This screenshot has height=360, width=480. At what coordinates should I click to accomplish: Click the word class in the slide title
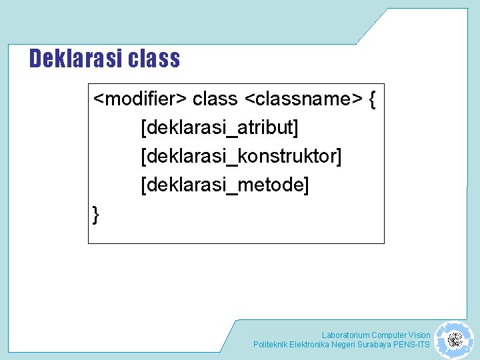154,59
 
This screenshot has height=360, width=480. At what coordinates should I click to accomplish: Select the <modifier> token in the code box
139,99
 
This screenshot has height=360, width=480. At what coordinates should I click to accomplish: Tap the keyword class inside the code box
215,99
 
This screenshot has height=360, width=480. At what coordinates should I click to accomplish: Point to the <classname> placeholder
303,99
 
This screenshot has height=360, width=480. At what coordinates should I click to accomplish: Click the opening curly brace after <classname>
372,100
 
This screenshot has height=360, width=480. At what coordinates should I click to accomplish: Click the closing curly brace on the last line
96,214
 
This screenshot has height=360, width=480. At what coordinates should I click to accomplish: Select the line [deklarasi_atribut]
219,127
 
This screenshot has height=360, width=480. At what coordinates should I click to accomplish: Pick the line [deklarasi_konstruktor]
241,156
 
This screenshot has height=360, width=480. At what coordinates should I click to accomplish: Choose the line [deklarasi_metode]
225,185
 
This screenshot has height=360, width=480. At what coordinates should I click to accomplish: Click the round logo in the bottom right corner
455,340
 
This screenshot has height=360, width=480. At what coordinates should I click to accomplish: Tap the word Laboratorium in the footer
345,335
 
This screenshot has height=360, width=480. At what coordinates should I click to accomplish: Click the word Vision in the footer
419,335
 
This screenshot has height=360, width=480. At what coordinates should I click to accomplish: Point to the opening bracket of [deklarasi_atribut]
143,127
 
